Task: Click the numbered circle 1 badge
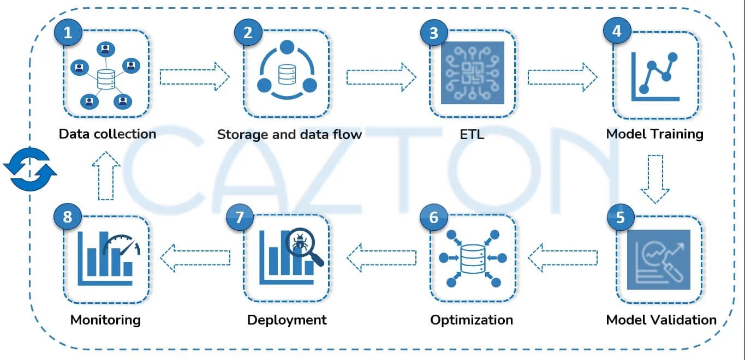pyautogui.click(x=68, y=33)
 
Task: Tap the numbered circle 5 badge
pyautogui.click(x=621, y=217)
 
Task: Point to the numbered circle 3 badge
pyautogui.click(x=434, y=33)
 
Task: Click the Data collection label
pyautogui.click(x=107, y=134)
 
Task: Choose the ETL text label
pyautogui.click(x=472, y=134)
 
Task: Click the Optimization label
pyautogui.click(x=472, y=320)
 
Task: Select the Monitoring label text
pyautogui.click(x=105, y=320)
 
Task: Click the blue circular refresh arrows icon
pyautogui.click(x=30, y=169)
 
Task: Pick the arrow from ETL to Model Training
pyautogui.click(x=562, y=77)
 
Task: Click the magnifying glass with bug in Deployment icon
pyautogui.click(x=302, y=245)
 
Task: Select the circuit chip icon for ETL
pyautogui.click(x=472, y=73)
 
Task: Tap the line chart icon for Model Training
pyautogui.click(x=655, y=76)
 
